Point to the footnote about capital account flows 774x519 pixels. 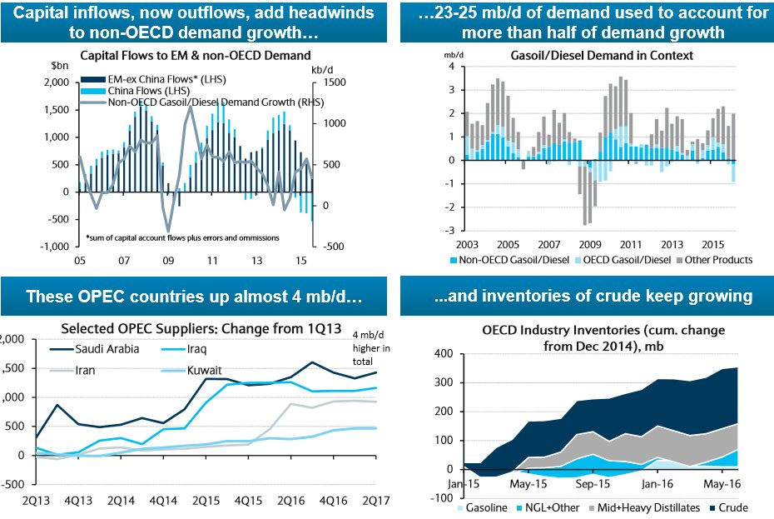click(x=182, y=237)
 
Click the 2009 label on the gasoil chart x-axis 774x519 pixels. click(x=589, y=246)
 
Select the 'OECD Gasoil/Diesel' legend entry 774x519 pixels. click(x=620, y=260)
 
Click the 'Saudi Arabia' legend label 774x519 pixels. click(x=106, y=349)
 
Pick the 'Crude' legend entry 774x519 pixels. click(x=732, y=507)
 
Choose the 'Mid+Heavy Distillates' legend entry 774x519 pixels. click(x=651, y=507)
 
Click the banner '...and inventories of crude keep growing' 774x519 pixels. click(x=587, y=296)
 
